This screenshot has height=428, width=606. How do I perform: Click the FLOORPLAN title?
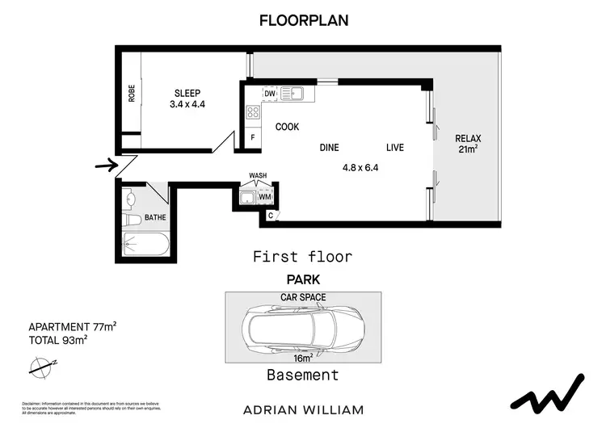303,21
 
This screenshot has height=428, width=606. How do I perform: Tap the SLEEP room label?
188,93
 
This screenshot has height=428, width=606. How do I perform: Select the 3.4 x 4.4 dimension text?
188,104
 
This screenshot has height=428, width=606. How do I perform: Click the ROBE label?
132,94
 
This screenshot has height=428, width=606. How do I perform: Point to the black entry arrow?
106,166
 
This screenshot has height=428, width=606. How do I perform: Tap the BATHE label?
154,218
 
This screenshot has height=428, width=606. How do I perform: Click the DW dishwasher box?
270,94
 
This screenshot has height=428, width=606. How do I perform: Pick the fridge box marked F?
252,137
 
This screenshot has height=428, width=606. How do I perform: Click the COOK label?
287,127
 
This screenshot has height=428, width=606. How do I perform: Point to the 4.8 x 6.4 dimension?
360,169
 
